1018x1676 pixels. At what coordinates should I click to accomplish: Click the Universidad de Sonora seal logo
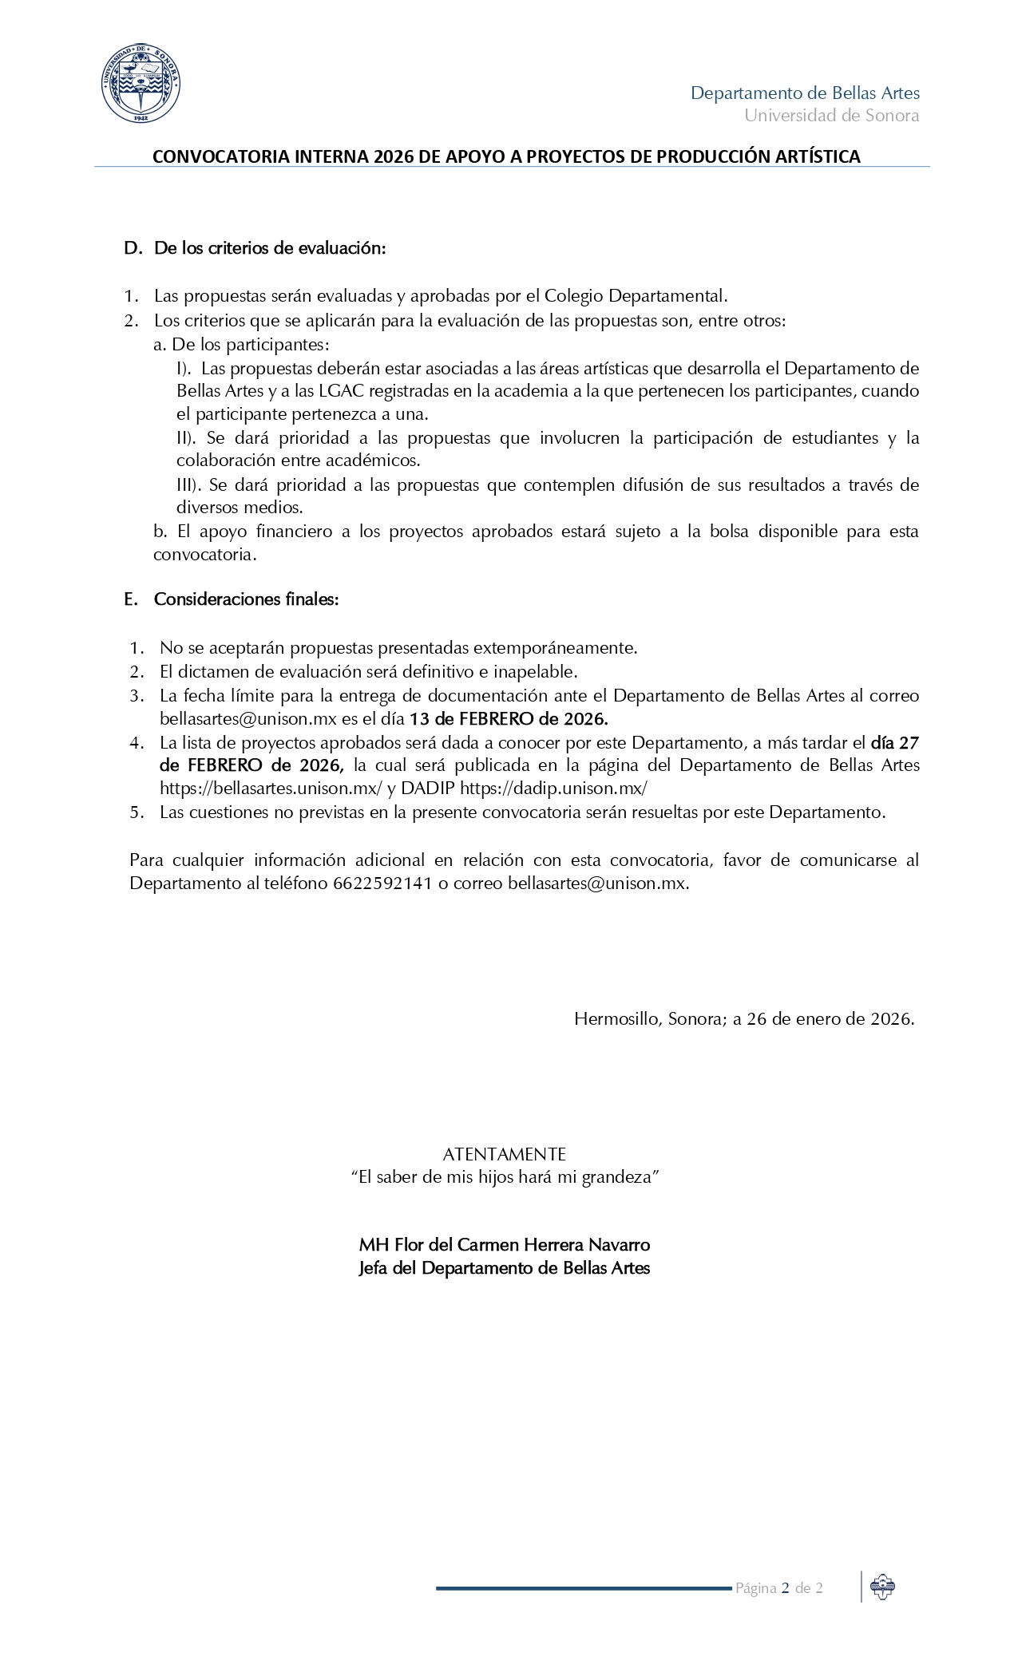coord(141,84)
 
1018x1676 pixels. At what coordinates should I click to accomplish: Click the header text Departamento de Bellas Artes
coord(805,93)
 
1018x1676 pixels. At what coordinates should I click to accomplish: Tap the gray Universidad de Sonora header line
coord(831,116)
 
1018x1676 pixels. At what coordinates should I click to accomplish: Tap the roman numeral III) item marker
coord(188,484)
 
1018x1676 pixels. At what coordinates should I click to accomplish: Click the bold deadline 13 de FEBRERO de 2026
coord(509,718)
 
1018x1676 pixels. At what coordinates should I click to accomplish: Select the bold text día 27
coord(895,742)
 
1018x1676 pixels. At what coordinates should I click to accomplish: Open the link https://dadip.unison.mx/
coord(553,789)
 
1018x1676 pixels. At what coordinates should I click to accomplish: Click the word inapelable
coord(537,671)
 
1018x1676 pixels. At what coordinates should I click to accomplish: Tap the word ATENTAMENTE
coord(505,1154)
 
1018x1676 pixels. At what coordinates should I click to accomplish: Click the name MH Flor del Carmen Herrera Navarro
coord(505,1245)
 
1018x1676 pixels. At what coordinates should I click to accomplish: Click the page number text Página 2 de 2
coord(779,1589)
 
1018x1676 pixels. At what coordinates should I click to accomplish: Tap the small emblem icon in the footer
coord(882,1587)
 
